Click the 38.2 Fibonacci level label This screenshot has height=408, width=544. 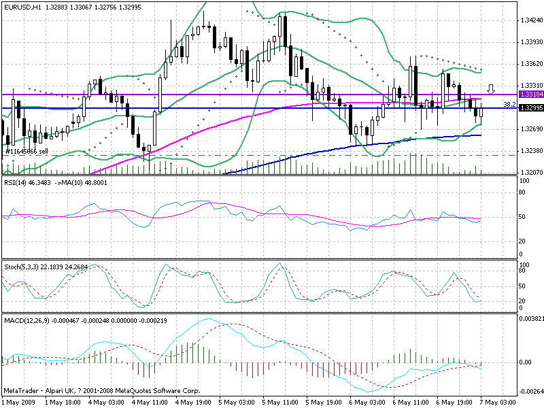pos(507,105)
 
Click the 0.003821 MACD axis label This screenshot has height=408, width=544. pos(530,318)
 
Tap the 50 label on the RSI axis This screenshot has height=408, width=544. pos(523,217)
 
